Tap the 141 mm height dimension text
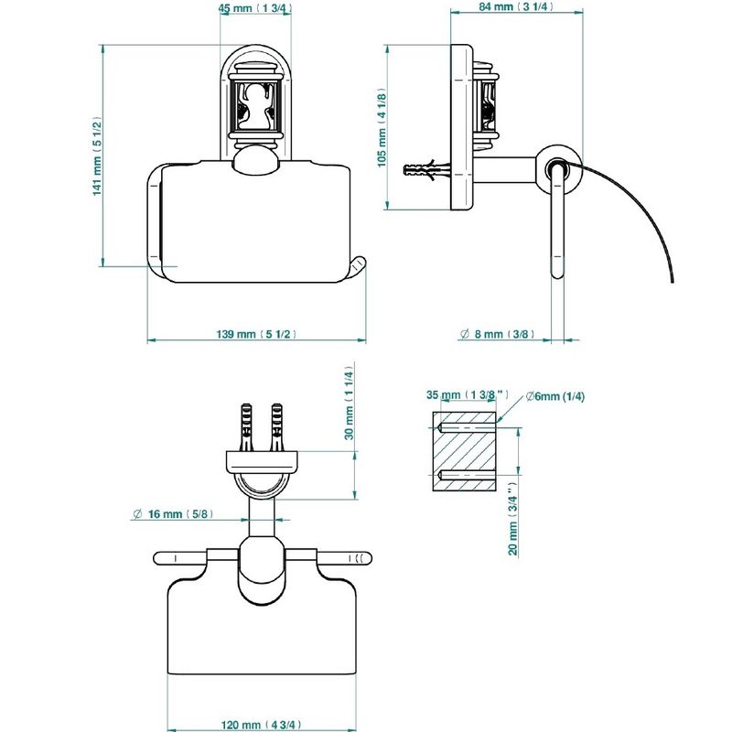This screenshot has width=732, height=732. pos(97,156)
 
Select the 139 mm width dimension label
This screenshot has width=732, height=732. pos(256,334)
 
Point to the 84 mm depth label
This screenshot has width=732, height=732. pos(516,6)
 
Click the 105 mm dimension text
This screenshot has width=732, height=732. pos(382,127)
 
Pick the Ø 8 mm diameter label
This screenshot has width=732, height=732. pos(497,334)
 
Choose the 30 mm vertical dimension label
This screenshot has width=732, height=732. pos(350,403)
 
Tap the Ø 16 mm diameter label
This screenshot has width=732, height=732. pos(173,514)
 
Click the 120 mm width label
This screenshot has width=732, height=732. pos(261,725)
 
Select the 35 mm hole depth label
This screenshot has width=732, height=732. pos(468,395)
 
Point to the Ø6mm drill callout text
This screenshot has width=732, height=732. pos(555,396)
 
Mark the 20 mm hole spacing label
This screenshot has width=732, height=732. pos(513,519)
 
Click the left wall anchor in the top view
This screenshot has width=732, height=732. pos(245,426)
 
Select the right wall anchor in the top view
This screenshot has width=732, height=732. pos(277,426)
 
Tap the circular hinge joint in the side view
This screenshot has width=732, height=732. pos(558,168)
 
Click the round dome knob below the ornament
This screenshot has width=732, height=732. pos(255,160)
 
